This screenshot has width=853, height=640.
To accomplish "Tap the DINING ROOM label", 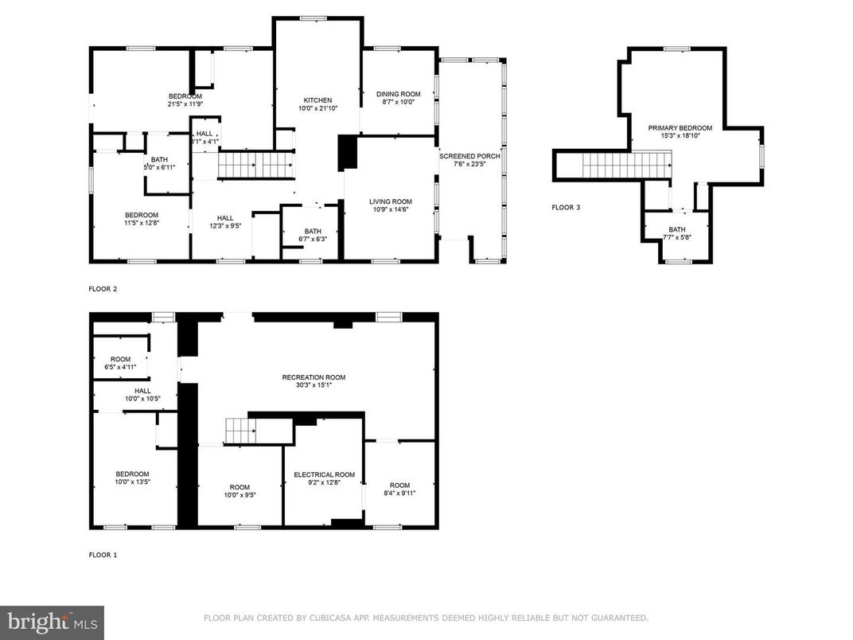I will tap(398, 94).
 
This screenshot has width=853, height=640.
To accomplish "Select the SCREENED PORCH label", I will tap(469, 156).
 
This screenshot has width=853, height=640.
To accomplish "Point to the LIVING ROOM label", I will tap(390, 201).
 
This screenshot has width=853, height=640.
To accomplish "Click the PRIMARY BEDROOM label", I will tap(680, 127).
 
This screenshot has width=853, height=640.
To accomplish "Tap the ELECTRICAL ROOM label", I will tap(324, 474).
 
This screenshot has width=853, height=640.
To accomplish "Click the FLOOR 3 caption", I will tap(566, 208).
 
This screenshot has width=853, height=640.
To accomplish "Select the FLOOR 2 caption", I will tap(103, 289).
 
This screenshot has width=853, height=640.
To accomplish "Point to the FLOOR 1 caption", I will tap(103, 555).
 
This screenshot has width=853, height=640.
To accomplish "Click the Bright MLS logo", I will tap(52, 622).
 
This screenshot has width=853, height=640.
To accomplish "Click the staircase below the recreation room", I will tap(240, 431).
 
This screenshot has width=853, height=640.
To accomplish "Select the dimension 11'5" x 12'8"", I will tap(141, 224).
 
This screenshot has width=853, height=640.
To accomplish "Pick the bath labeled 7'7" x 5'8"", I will tap(676, 232).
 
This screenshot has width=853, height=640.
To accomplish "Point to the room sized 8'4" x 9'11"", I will tap(399, 490).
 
